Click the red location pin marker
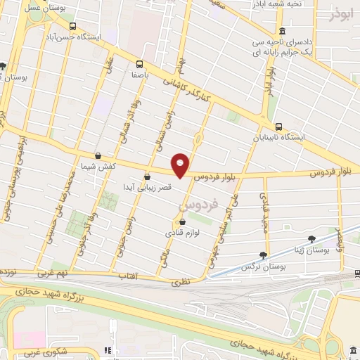click(x=181, y=165)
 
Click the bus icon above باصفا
click(x=139, y=62)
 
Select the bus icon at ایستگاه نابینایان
click(x=279, y=127)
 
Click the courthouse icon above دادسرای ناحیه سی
click(x=282, y=31)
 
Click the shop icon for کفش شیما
click(x=97, y=156)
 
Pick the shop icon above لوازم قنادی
click(x=183, y=221)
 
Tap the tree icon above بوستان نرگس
click(x=263, y=255)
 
